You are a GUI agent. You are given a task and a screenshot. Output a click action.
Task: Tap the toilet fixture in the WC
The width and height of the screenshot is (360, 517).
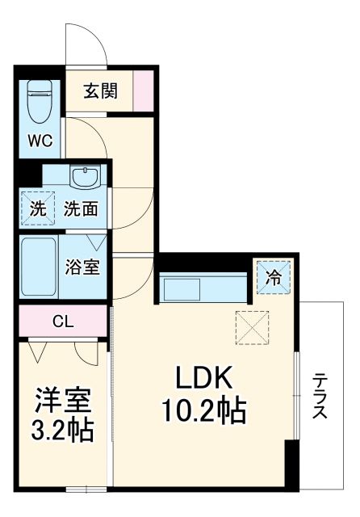click(x=40, y=101)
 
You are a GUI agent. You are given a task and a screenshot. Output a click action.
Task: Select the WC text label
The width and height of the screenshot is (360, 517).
click(x=40, y=140)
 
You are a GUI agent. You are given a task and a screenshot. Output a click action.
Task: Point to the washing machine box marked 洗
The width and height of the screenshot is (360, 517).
click(x=38, y=208)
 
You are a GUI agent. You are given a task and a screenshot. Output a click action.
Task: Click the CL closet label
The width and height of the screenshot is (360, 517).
click(x=63, y=321)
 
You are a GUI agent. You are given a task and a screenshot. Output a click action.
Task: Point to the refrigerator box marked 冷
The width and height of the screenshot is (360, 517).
click(x=273, y=279)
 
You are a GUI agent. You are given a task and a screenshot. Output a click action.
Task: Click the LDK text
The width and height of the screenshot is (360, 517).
click(x=205, y=378)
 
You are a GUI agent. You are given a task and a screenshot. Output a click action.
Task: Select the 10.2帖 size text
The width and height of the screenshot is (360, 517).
click(x=205, y=413)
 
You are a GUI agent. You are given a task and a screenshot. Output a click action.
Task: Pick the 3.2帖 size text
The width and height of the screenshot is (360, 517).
click(x=63, y=430)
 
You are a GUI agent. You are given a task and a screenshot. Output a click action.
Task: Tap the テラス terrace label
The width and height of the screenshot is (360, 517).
click(x=320, y=396)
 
